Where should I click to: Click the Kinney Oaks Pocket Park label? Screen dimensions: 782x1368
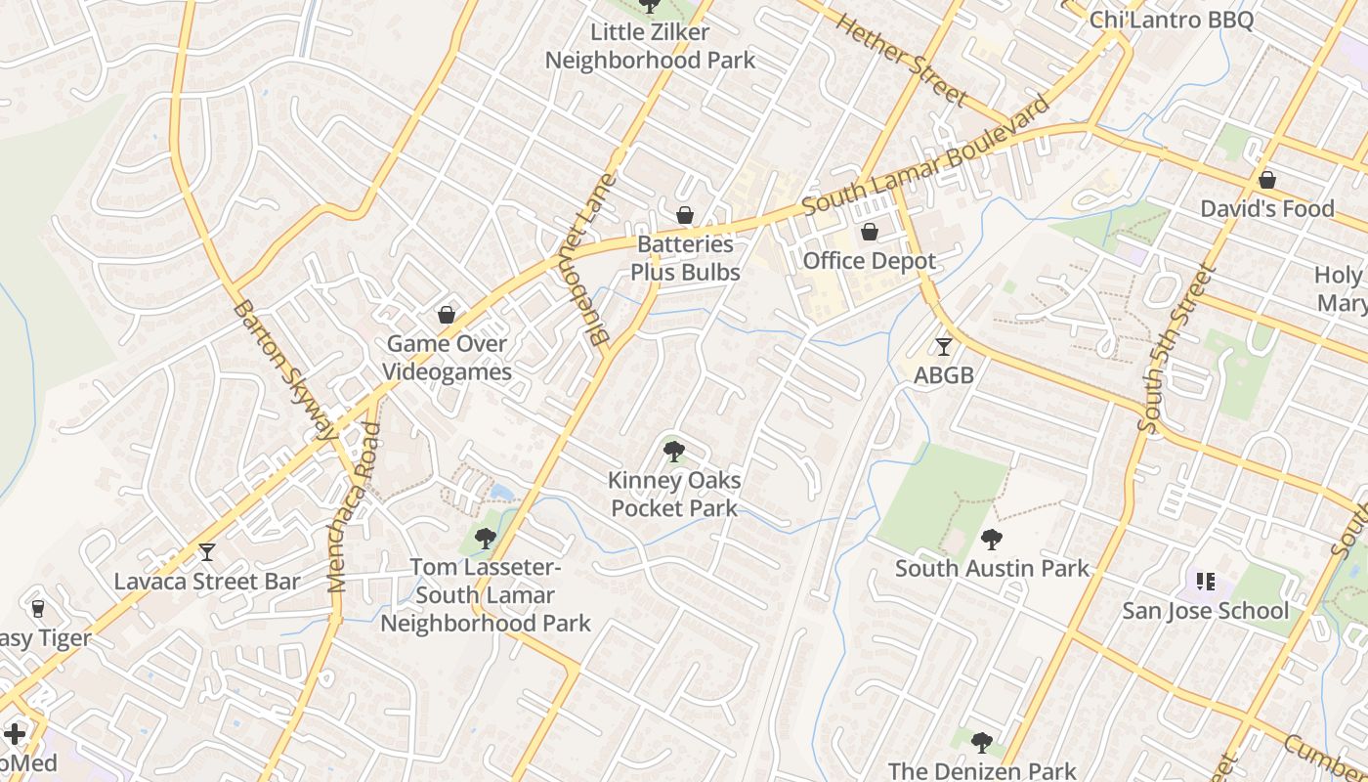point(674,494)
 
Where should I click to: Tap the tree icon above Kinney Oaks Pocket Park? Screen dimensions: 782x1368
point(673,452)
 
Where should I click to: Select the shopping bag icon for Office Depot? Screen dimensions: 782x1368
point(869,232)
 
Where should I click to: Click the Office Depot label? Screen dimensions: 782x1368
point(869,261)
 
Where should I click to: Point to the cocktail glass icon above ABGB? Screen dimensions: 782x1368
point(943,346)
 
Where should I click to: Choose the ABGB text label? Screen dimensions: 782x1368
point(943,374)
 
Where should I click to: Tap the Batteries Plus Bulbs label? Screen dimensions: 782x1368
point(685,258)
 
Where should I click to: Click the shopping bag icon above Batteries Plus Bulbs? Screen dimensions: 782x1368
point(685,215)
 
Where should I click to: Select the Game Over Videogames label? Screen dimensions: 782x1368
point(447,358)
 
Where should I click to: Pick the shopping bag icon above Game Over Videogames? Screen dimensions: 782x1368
point(447,315)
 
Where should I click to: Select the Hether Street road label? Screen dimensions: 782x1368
point(902,60)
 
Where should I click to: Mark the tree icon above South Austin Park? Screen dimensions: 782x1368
point(992,539)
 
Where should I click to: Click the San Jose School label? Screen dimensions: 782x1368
point(1205,611)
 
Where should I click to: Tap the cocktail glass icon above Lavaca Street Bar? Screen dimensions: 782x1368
point(207,552)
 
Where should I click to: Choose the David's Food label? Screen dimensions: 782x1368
point(1266,208)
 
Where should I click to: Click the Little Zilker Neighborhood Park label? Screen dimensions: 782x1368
point(650,46)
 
